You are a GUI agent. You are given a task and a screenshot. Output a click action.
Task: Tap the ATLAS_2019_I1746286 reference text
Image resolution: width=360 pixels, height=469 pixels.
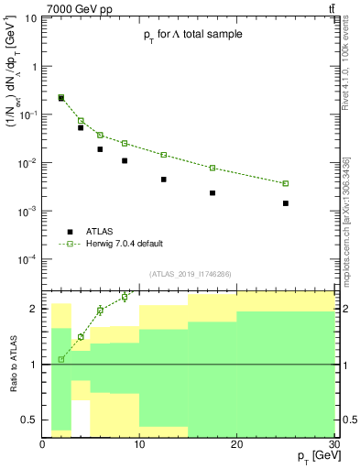coord(190,273)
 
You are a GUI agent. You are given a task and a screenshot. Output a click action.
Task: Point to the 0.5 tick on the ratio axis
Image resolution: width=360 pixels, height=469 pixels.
coord(31,420)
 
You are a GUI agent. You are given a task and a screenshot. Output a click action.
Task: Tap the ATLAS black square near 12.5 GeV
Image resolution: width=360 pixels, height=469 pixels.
coord(164,180)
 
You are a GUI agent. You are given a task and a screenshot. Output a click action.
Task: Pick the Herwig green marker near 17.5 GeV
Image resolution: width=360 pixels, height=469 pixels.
coord(213,168)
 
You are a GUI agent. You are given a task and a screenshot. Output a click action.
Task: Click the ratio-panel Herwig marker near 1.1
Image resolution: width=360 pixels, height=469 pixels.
coord(61,359)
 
